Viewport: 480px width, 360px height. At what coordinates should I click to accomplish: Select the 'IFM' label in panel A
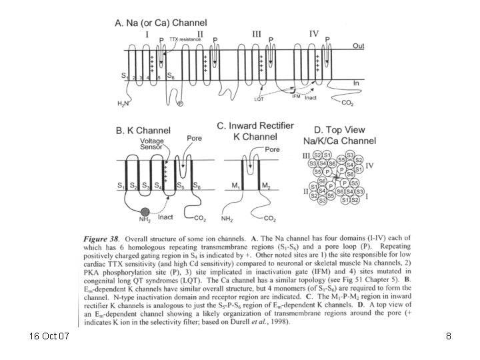point(298,97)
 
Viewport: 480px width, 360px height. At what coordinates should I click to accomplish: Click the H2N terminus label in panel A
point(123,104)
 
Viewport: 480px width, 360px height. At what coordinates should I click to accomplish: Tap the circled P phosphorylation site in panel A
point(179,103)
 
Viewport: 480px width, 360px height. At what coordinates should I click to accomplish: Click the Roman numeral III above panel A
point(257,33)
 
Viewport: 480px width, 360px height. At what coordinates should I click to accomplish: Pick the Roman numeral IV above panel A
point(314,33)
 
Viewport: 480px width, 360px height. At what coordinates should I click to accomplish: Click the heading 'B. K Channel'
point(143,131)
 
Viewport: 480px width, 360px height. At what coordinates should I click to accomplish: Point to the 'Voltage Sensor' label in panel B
point(152,145)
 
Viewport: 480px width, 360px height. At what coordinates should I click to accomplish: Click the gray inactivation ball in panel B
point(137,212)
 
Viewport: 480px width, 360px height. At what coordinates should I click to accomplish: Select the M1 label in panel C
point(231,185)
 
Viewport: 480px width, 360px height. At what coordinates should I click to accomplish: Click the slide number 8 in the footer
point(449,337)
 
